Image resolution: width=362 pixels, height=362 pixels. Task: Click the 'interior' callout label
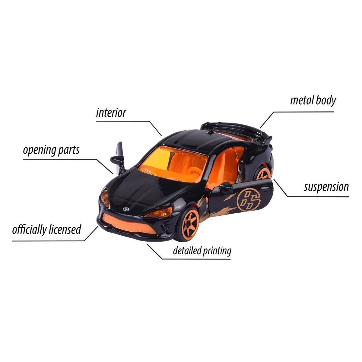111,113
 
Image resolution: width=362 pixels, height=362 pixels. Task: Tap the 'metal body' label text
313,100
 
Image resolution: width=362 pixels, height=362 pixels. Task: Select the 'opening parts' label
51,150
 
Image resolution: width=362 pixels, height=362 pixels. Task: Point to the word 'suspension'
326,187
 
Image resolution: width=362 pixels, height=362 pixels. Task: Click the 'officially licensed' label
47,230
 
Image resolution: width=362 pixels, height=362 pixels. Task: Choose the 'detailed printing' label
202,251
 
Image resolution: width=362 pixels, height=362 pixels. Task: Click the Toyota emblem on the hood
126,209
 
